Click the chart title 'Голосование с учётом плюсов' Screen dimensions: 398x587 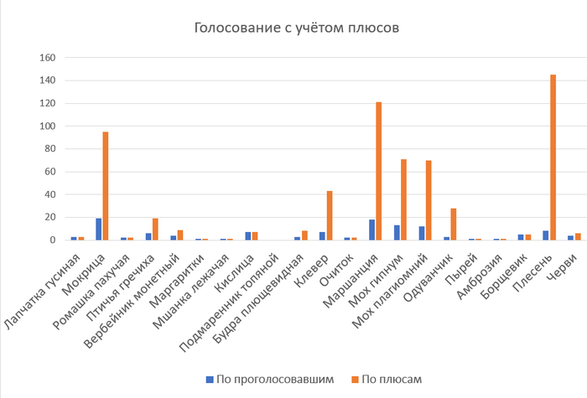pyautogui.click(x=296, y=28)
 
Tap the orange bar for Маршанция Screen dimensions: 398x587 pyautogui.click(x=379, y=171)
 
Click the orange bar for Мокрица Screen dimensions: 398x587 pyautogui.click(x=106, y=186)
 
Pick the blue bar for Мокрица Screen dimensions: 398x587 pyautogui.click(x=98, y=229)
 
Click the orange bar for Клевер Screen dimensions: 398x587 pyautogui.click(x=330, y=215)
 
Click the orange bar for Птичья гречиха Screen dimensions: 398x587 pyautogui.click(x=155, y=229)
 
